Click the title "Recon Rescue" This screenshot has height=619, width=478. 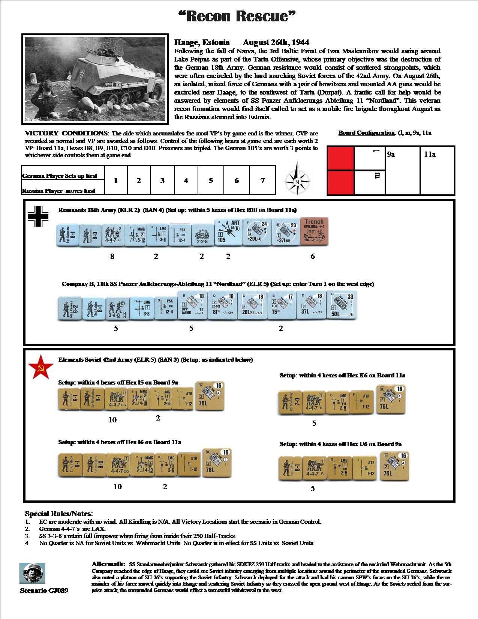(238, 17)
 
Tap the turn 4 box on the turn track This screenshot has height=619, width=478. (186, 180)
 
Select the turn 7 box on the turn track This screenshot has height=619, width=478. (262, 180)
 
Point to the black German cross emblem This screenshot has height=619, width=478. (38, 216)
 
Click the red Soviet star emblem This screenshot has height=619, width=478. (39, 369)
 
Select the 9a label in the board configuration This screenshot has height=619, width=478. (391, 154)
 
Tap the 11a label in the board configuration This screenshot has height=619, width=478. (430, 154)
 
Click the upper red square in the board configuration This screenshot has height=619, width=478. (340, 158)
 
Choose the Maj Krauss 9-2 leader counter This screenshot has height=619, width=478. (69, 308)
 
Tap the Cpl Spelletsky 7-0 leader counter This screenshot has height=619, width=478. (289, 402)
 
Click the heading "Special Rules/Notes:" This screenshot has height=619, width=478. (59, 514)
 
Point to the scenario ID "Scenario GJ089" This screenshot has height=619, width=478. (44, 590)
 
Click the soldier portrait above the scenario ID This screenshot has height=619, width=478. (32, 573)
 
